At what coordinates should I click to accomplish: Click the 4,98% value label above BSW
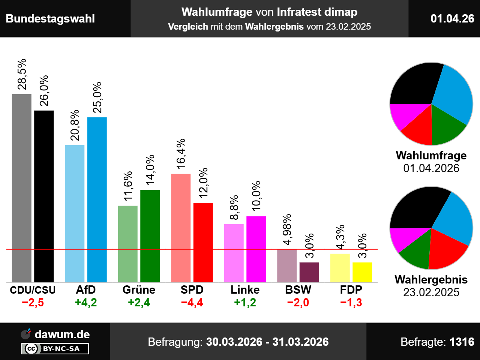287,229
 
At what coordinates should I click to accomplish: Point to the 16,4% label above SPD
181,154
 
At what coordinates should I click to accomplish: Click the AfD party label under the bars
86,290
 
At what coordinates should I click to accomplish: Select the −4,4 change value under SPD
192,303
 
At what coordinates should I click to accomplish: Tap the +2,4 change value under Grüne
139,303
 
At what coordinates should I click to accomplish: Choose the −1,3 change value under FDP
351,303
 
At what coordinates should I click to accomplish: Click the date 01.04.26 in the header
452,18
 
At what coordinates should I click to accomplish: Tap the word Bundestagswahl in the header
50,19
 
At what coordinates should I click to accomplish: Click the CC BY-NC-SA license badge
55,349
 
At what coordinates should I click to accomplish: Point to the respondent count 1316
462,342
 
